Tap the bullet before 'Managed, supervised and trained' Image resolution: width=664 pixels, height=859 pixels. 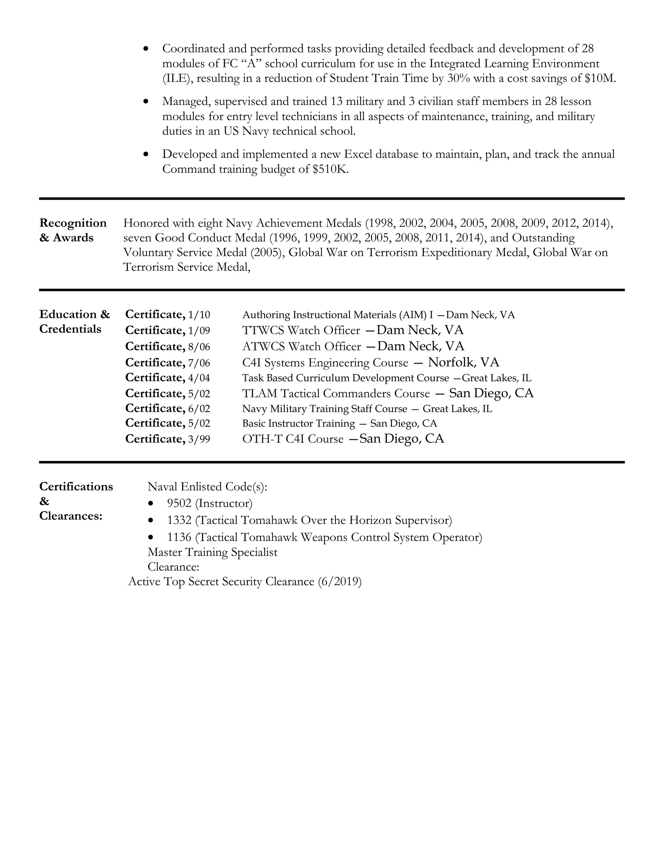coord(146,101)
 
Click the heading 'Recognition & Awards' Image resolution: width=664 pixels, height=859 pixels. coord(73,230)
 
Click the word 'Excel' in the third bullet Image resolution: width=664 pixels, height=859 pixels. coord(358,154)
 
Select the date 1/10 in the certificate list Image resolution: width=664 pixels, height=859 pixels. coord(199,315)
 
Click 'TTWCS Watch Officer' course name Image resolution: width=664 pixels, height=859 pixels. coord(301,330)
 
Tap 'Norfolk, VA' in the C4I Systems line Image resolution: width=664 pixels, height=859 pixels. coord(463,362)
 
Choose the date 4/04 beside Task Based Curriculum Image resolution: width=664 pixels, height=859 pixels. coord(199,378)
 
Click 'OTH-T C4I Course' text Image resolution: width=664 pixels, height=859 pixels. coord(293,439)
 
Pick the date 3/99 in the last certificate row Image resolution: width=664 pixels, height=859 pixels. coord(199,439)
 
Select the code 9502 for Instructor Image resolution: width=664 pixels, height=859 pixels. coord(179,503)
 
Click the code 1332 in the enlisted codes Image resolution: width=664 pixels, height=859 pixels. coord(179,520)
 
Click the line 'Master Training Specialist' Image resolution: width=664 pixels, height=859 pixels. coord(212,552)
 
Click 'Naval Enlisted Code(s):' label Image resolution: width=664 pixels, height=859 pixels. coord(207,487)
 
